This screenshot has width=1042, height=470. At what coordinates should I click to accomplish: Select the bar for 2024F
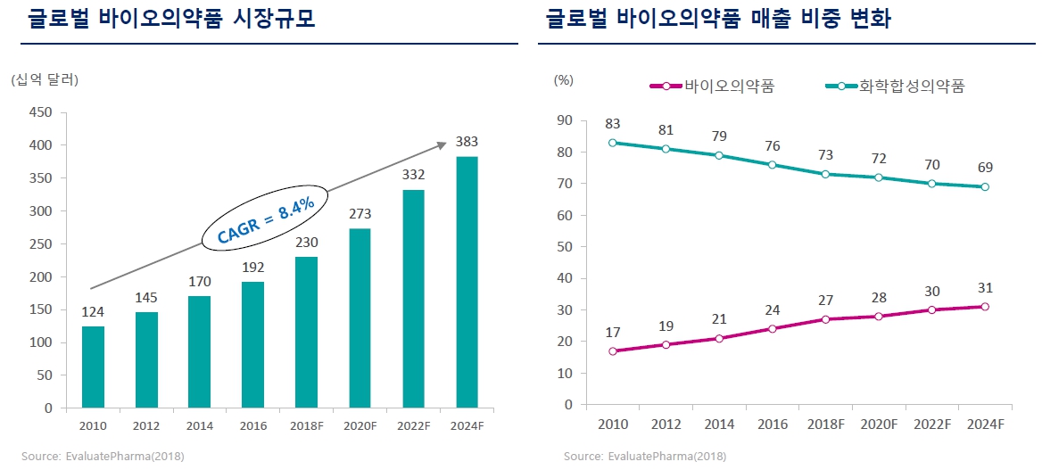coord(467,282)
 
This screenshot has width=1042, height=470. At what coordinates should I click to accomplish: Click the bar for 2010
coord(93,367)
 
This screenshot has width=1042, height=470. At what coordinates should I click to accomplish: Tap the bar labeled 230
coord(306,332)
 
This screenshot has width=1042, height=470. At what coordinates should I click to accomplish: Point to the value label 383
coord(467,142)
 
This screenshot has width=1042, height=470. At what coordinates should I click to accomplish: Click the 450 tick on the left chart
coord(42,112)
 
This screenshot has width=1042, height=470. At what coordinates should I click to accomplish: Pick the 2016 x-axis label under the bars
coord(252,426)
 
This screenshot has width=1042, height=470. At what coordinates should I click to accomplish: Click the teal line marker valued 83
coord(612,143)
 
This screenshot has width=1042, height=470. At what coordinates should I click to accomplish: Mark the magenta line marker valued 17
coord(612,351)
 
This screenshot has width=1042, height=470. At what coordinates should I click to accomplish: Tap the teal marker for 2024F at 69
coord(985,186)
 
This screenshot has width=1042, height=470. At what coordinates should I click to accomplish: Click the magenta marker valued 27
coord(825,319)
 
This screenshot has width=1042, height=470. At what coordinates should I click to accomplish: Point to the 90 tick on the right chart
coord(564,120)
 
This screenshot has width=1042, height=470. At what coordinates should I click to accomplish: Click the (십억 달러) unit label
coord(45,80)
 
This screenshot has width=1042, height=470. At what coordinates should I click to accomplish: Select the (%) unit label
coord(563,79)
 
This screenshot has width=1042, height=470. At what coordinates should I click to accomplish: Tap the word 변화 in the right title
coord(866,19)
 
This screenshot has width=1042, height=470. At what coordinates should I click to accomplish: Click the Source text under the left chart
coord(103,457)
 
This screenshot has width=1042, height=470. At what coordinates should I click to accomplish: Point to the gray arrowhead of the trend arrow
coord(442,144)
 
